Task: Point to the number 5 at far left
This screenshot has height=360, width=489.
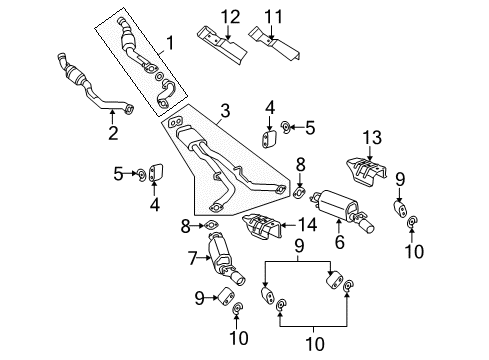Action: click(119, 174)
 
